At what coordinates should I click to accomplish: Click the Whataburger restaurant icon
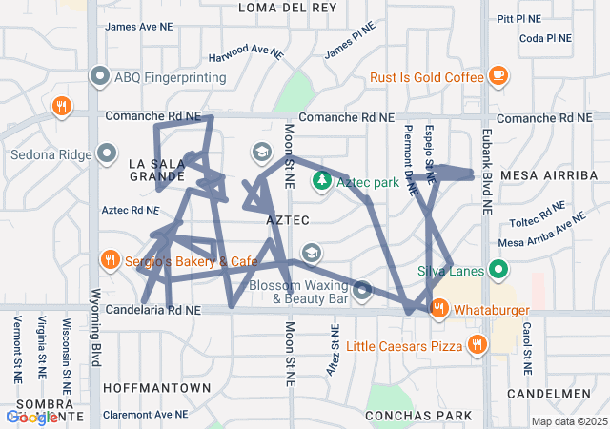point(439,308)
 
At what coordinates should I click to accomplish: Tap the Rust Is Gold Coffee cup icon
point(498,75)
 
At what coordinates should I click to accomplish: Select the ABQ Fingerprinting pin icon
point(100,75)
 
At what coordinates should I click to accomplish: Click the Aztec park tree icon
point(323,180)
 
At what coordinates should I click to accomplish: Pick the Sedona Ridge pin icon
point(107,153)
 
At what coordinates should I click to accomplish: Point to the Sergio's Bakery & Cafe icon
point(111,259)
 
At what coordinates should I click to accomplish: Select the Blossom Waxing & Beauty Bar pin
point(362,290)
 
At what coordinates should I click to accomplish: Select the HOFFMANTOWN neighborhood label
point(155,388)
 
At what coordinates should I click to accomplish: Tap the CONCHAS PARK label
point(419,416)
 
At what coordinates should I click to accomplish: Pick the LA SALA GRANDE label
point(157,170)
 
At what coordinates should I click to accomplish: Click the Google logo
point(31,418)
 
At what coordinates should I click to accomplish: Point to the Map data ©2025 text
point(569,421)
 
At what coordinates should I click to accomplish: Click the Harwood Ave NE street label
point(247,52)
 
